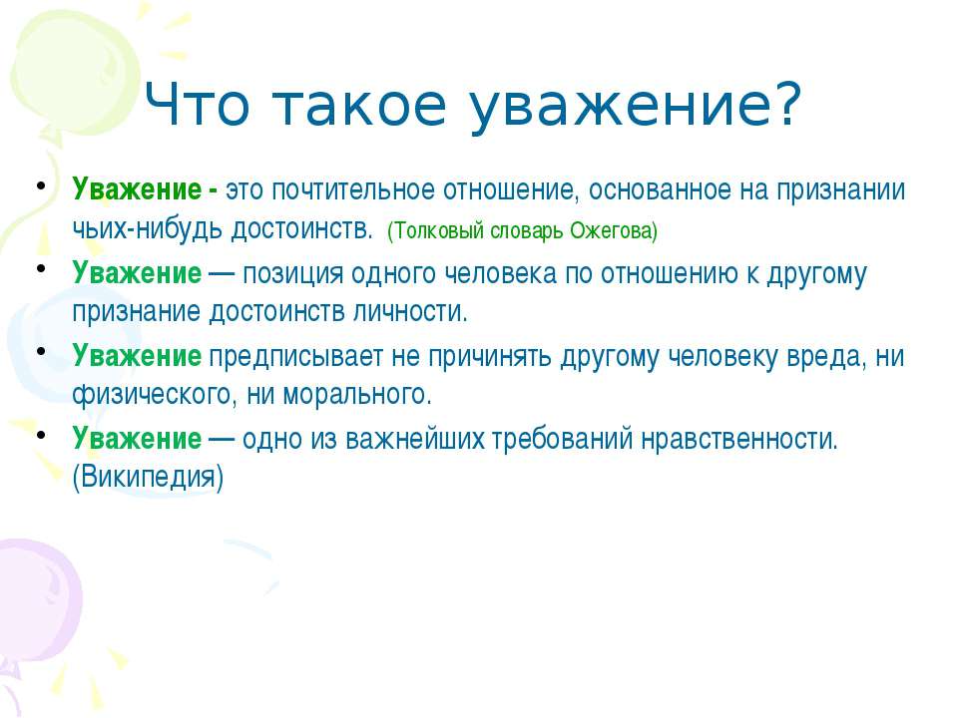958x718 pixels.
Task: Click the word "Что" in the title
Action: point(198,105)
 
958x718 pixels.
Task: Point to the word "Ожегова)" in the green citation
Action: point(614,230)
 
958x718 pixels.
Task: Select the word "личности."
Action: point(410,312)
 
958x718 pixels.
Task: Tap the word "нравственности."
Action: point(739,439)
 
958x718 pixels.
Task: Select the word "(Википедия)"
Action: point(148,478)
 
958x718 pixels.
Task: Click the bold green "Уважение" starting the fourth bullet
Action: point(137,439)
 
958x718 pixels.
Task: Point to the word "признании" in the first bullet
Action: point(840,190)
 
